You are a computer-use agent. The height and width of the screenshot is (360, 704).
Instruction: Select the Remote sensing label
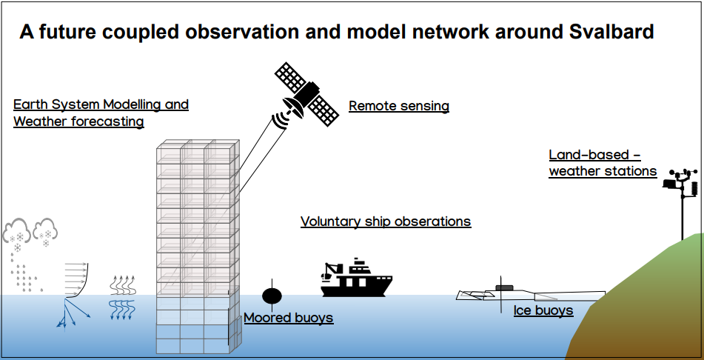point(398,106)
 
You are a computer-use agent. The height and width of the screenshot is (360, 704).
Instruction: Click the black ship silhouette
point(356,279)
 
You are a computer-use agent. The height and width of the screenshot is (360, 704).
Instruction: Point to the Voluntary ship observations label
point(385,221)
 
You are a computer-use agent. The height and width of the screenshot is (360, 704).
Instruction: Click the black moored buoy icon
point(272,296)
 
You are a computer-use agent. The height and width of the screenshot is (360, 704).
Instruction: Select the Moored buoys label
point(289,318)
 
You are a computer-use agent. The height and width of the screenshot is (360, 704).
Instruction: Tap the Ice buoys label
point(543,310)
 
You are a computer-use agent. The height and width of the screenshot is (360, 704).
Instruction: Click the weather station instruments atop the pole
point(683,184)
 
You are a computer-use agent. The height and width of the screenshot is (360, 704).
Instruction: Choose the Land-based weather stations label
point(602,163)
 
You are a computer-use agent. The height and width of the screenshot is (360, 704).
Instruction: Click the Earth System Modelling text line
point(101,104)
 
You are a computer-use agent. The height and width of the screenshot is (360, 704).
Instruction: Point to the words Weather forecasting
point(78,121)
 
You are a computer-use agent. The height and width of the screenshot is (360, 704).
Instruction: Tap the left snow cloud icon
point(17,234)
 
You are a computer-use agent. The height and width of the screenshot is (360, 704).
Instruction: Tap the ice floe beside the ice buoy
point(474,295)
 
